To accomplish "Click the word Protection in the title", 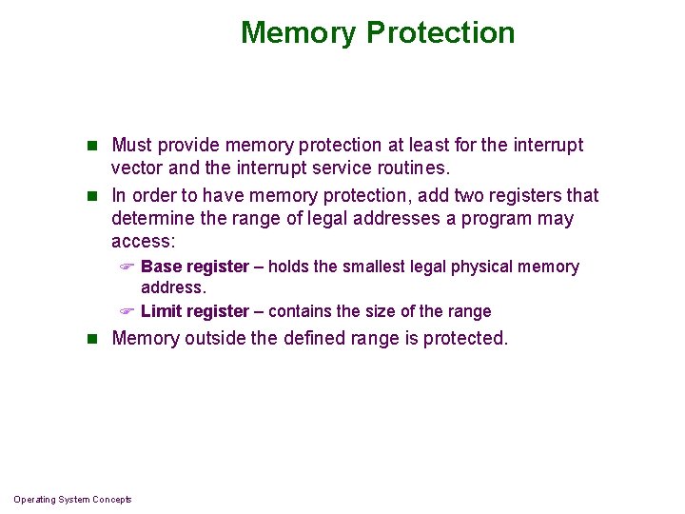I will tap(440, 32).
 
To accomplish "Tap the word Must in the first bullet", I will tap(131, 146).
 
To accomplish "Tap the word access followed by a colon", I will tap(143, 242).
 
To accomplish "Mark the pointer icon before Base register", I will tap(128, 267).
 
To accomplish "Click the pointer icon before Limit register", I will tap(128, 312).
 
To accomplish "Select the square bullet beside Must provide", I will tap(92, 146).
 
